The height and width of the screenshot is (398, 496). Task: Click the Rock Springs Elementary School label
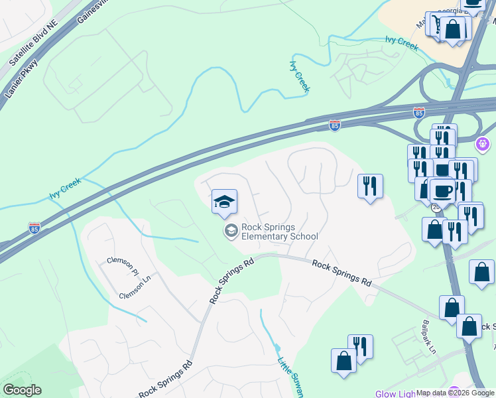pyautogui.click(x=280, y=232)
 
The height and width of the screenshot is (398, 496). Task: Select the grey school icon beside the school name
pyautogui.click(x=231, y=231)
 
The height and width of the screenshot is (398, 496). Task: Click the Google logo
pyautogui.click(x=22, y=390)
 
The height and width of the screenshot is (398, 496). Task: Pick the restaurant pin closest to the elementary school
pyautogui.click(x=370, y=186)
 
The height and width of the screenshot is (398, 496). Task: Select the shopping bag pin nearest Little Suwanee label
pyautogui.click(x=343, y=362)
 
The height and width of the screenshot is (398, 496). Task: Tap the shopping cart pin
pyautogui.click(x=438, y=24)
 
